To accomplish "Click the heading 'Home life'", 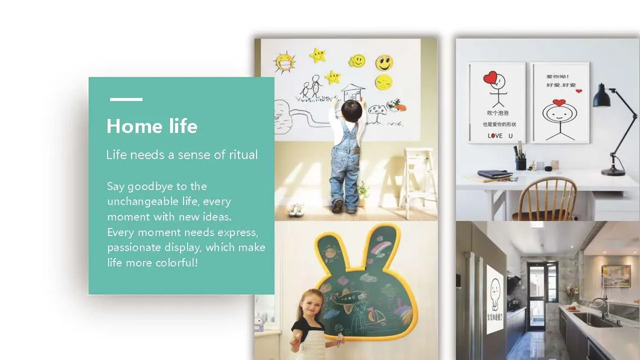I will click(152, 126).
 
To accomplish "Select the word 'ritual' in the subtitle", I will click(243, 155).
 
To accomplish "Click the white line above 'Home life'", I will click(126, 99).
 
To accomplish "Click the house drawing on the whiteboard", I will click(353, 92).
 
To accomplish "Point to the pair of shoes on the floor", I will click(296, 210).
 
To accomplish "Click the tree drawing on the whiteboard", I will click(377, 111).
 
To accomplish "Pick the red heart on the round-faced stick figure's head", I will click(559, 102).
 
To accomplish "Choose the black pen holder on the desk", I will click(520, 163).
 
